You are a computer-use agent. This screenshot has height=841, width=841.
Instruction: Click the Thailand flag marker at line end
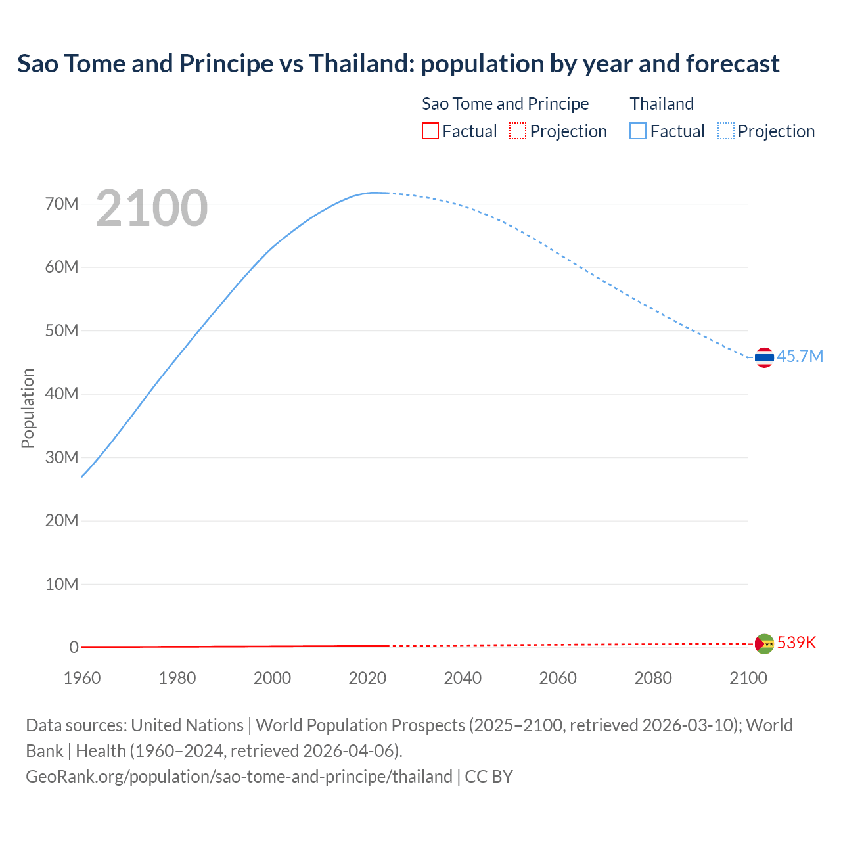764,357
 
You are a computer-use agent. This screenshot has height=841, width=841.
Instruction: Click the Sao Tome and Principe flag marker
764,644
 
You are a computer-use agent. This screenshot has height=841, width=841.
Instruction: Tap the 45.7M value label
800,356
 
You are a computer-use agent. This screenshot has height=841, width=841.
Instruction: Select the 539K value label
796,643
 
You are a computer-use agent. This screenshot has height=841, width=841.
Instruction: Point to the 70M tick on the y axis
62,204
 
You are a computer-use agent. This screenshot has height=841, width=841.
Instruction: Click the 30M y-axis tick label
62,457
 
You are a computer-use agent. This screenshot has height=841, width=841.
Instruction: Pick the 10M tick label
62,584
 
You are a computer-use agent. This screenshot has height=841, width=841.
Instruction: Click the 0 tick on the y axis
74,647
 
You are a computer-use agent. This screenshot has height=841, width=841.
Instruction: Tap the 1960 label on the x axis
82,678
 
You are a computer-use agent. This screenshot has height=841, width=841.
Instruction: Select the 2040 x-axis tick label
463,678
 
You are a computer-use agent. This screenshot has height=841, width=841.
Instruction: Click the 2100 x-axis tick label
748,678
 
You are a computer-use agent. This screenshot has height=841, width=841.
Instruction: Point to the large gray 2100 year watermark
152,208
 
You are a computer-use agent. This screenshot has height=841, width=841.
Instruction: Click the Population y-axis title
28,408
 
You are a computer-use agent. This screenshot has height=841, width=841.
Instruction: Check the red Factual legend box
430,131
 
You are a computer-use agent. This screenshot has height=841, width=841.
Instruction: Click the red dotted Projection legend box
518,131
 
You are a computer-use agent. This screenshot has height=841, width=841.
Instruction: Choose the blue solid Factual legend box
638,131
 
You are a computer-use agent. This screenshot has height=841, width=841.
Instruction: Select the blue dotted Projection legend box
726,131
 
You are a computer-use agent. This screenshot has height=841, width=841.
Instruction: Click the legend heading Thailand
662,104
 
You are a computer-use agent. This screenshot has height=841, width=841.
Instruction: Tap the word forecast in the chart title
733,64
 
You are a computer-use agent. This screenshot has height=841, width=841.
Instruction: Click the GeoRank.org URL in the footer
239,777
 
